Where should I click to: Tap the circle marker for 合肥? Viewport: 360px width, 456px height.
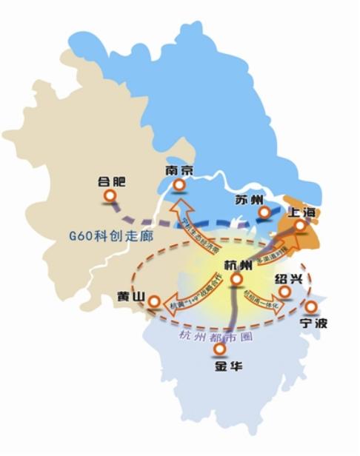110,196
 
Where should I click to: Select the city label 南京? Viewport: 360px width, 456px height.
180,170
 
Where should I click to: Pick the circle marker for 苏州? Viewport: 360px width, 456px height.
264,213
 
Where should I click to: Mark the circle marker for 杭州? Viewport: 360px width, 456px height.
236,279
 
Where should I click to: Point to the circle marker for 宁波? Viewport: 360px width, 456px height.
311,306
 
